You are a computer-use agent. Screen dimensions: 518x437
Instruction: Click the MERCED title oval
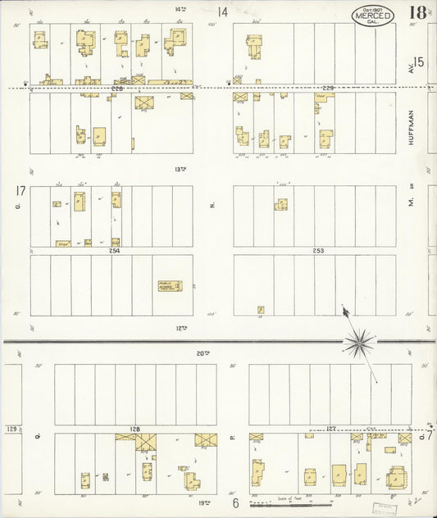pos(373,16)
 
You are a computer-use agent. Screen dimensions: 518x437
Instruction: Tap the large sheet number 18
pos(415,13)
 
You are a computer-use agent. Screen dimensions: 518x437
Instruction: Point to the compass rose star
pos(359,342)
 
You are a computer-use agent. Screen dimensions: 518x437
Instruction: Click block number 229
pos(328,88)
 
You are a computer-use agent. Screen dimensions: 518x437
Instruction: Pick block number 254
pos(114,251)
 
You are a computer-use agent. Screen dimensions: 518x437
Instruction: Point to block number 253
pos(318,251)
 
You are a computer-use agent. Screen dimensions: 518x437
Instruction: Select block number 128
pos(134,429)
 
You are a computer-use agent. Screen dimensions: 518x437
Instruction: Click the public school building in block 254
pos(170,286)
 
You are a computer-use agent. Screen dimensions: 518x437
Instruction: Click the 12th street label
pos(181,328)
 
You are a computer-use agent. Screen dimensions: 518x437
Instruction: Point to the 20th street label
pos(200,353)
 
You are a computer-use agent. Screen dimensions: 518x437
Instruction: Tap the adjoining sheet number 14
pos(222,12)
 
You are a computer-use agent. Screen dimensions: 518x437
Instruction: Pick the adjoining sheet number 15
pos(418,62)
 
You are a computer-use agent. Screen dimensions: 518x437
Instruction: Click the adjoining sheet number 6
pos(234,502)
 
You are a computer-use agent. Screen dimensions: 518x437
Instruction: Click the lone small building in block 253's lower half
pos(261,310)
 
